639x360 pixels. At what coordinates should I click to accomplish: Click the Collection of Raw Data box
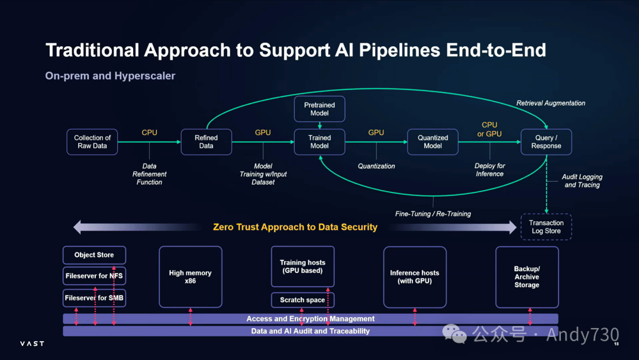92,142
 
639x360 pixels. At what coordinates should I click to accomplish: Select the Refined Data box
206,142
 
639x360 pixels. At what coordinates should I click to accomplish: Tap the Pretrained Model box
319,109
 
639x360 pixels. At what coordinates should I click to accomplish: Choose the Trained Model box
319,142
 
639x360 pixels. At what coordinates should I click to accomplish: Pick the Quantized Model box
433,142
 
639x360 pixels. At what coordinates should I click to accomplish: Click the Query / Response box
546,142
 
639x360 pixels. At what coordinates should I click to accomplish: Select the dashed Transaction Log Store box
546,227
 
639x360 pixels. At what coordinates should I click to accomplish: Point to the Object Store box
94,255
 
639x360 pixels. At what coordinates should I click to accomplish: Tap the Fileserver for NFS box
94,276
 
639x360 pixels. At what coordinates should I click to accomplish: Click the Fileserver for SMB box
94,298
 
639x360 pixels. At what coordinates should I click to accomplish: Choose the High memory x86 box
191,277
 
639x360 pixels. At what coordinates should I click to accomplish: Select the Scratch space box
302,300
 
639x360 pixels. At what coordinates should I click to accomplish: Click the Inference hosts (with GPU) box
415,277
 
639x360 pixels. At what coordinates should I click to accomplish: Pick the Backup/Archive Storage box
527,277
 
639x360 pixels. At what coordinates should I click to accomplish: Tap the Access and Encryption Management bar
311,319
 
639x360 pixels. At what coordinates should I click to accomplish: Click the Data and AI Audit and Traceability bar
311,331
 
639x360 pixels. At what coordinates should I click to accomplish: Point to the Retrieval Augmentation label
551,103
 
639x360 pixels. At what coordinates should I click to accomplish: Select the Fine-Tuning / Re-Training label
433,214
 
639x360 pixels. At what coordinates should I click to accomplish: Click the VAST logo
32,343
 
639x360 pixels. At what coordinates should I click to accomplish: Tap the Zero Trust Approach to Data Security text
295,227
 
